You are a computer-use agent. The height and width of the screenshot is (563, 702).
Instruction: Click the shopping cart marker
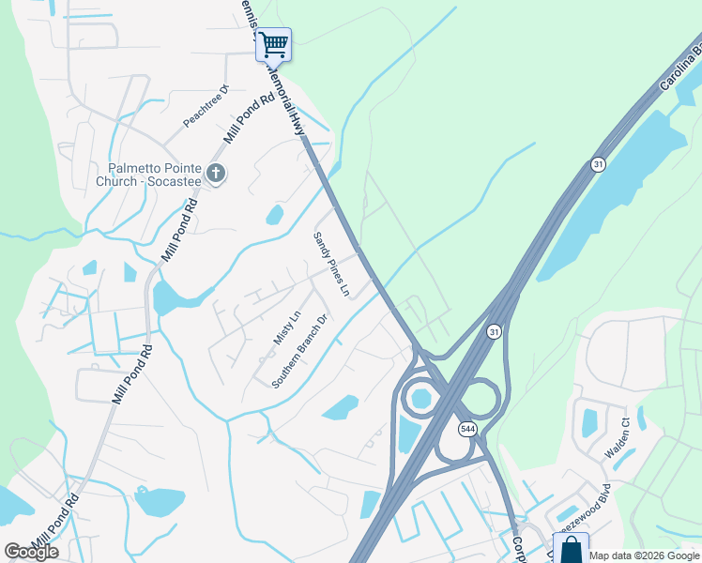[x=273, y=44]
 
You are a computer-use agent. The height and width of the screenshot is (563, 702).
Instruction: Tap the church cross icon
[x=216, y=173]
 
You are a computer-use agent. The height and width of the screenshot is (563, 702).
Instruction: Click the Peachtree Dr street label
[x=206, y=106]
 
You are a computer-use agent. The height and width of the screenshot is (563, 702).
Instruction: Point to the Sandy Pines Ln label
[x=331, y=266]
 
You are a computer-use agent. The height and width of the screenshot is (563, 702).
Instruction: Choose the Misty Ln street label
[x=285, y=328]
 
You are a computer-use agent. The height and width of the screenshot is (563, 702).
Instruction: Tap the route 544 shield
[x=466, y=429]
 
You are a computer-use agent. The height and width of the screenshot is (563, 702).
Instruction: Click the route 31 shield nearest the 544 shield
[x=493, y=331]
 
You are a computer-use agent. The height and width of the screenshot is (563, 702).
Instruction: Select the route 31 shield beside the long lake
[x=598, y=164]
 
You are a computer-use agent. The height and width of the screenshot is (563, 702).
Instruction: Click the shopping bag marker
[x=570, y=548]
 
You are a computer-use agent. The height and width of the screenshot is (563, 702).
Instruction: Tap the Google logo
[x=31, y=552]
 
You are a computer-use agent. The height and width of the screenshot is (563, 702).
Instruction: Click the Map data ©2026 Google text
[x=645, y=555]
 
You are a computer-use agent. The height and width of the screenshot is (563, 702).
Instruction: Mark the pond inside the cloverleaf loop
[x=421, y=399]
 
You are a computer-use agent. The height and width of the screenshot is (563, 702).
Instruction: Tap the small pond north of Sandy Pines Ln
[x=275, y=215]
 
